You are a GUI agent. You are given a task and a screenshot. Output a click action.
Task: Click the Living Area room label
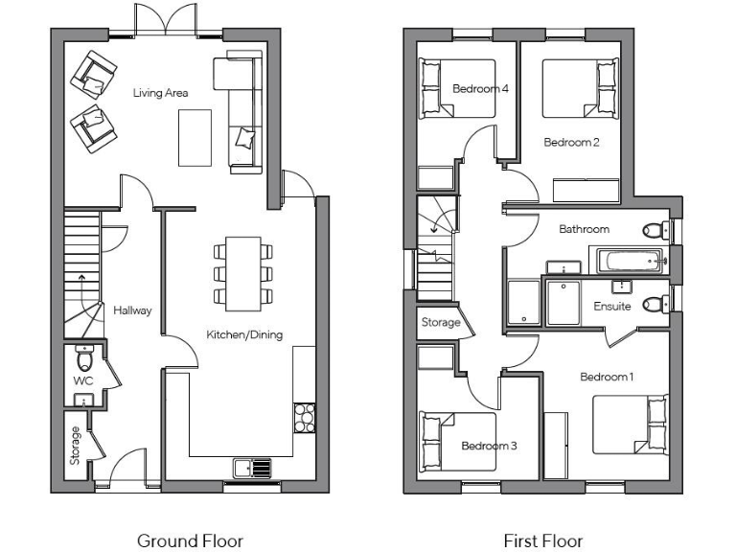160,93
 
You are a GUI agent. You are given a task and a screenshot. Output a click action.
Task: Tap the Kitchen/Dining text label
244,334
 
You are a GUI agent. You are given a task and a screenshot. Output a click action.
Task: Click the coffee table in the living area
195,135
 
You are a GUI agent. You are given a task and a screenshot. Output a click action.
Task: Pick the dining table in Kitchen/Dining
242,272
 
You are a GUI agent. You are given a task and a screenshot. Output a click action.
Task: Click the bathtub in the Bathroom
631,260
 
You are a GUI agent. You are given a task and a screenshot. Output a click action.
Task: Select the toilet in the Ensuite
654,305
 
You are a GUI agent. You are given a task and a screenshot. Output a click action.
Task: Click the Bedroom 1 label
607,377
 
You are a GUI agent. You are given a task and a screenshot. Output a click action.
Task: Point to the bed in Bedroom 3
458,441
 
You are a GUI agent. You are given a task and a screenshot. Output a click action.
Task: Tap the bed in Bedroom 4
458,88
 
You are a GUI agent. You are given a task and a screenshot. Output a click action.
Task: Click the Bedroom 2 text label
571,143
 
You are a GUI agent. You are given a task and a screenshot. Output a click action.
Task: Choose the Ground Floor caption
190,540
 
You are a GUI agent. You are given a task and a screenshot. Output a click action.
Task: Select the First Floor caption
543,540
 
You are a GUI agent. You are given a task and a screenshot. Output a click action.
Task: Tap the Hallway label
132,310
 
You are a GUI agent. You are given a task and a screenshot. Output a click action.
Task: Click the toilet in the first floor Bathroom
655,230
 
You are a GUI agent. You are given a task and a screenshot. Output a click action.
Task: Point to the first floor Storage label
441,323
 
